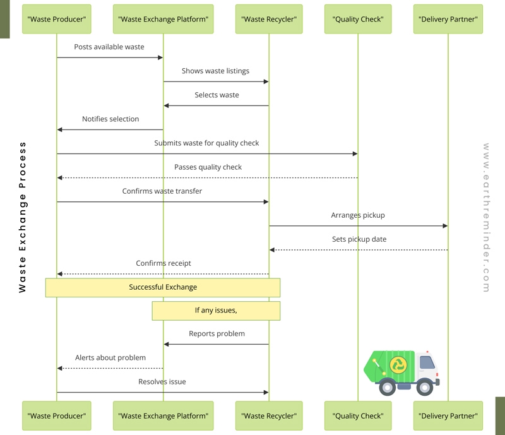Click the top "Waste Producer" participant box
pos(57,20)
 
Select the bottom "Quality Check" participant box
pos(358,415)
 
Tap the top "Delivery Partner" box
pos(448,20)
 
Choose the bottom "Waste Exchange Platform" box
pos(163,415)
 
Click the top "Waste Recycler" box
pos(269,20)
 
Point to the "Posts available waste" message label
pos(109,47)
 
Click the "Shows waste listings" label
pos(215,71)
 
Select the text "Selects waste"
pos(217,95)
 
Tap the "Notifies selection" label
pos(110,119)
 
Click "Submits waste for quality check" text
pos(206,143)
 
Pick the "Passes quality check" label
pos(208,167)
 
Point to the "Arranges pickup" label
pos(358,215)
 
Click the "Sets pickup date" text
pos(359,239)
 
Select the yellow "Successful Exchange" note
pos(163,287)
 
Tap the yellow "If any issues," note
pos(216,310)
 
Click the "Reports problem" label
pos(217,333)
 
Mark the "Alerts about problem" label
pos(110,357)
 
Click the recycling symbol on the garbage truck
pos(398,364)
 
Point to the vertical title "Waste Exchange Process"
pos(23,217)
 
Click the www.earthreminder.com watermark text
pos(486,217)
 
